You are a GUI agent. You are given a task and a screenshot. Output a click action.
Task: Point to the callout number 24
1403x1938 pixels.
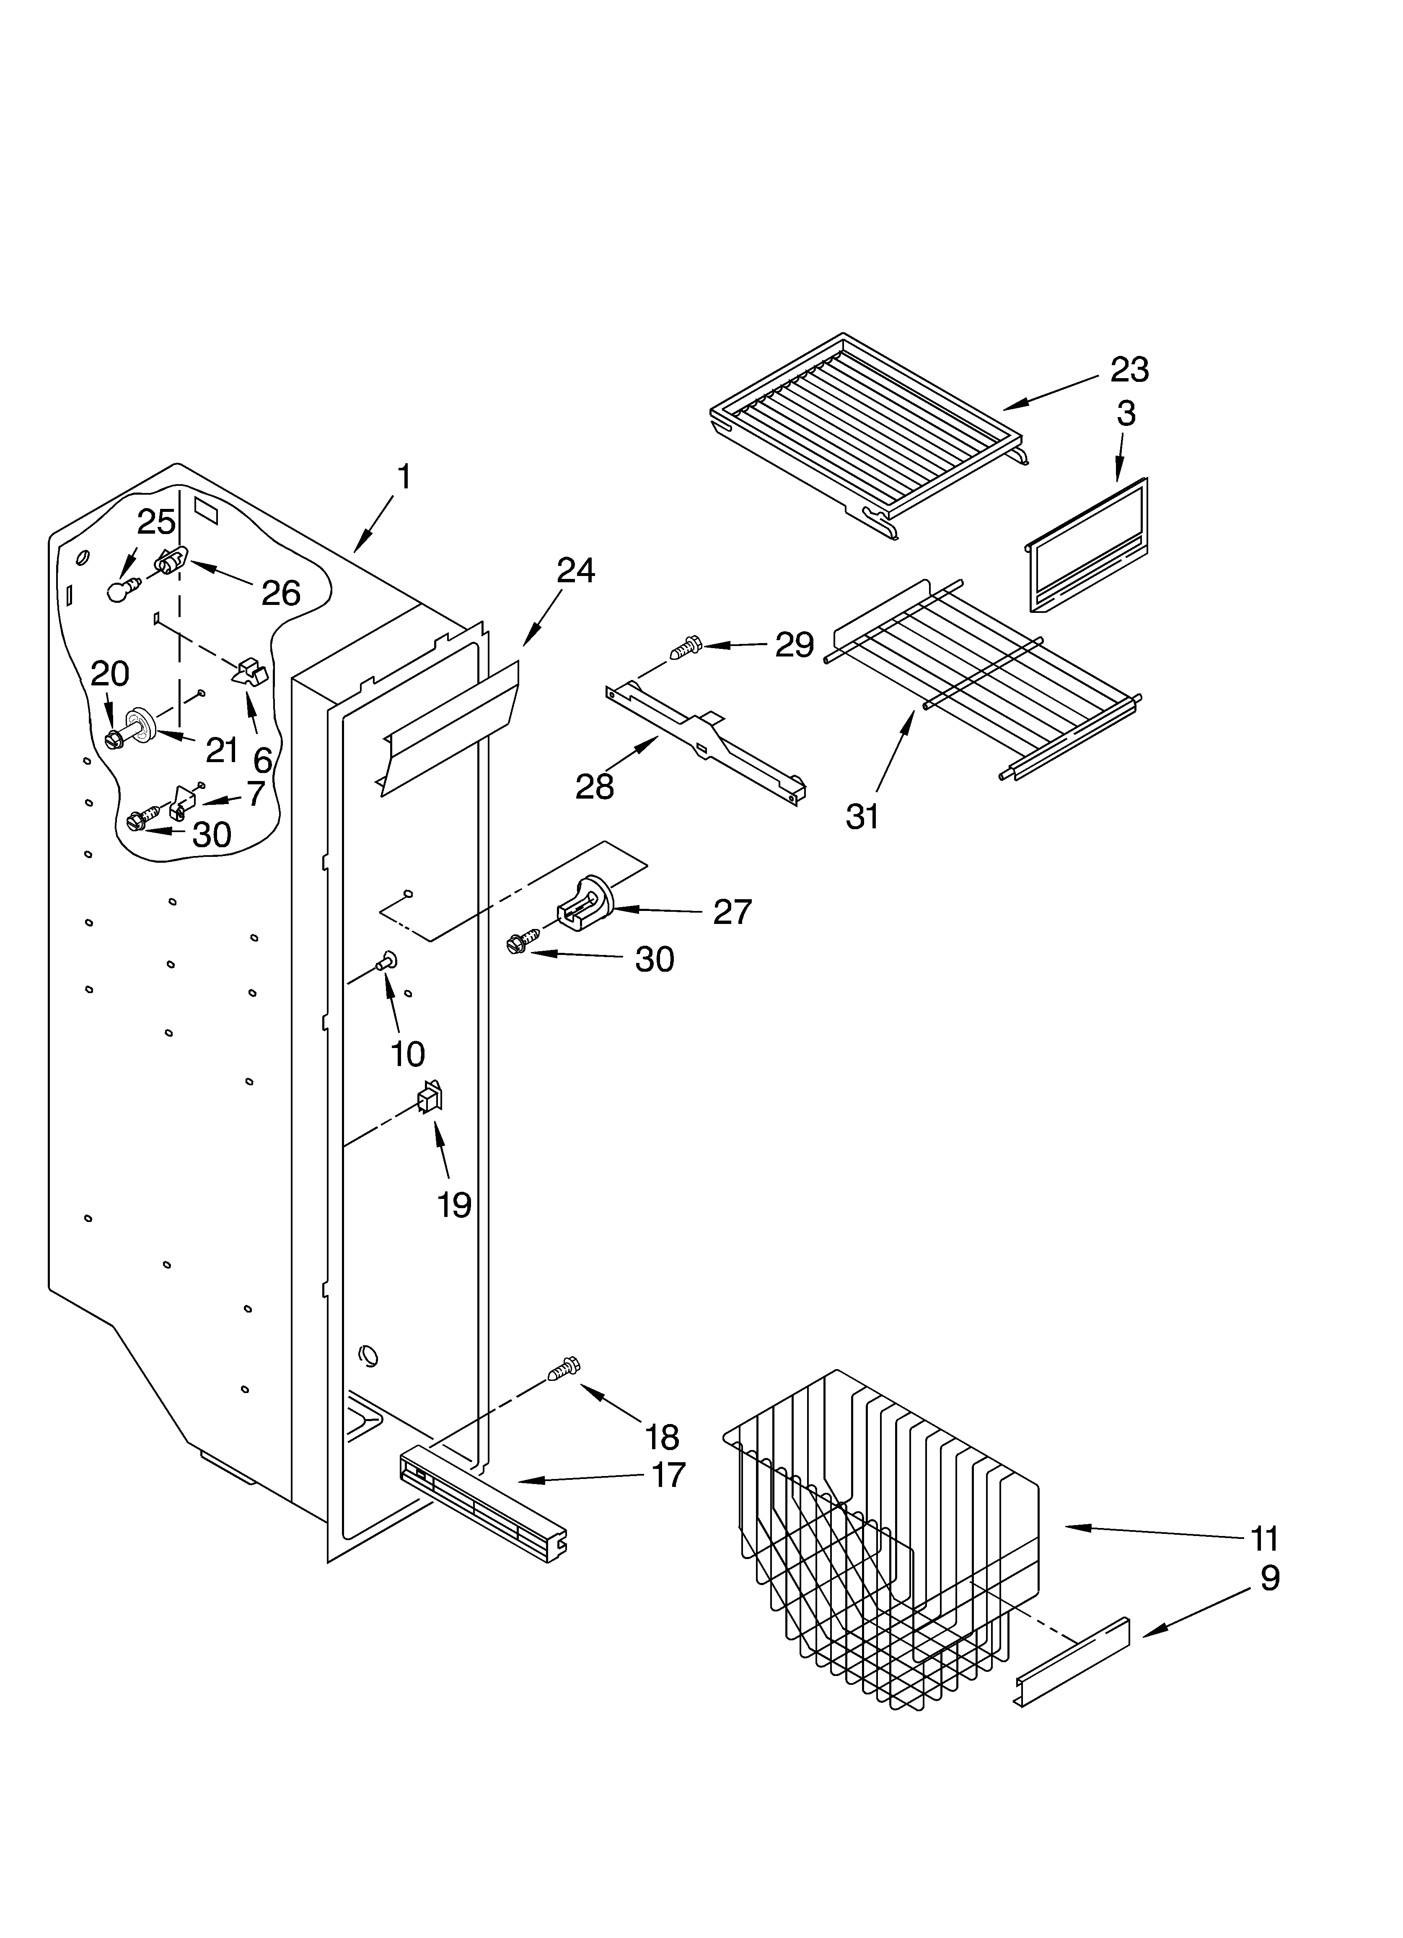pos(575,571)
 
